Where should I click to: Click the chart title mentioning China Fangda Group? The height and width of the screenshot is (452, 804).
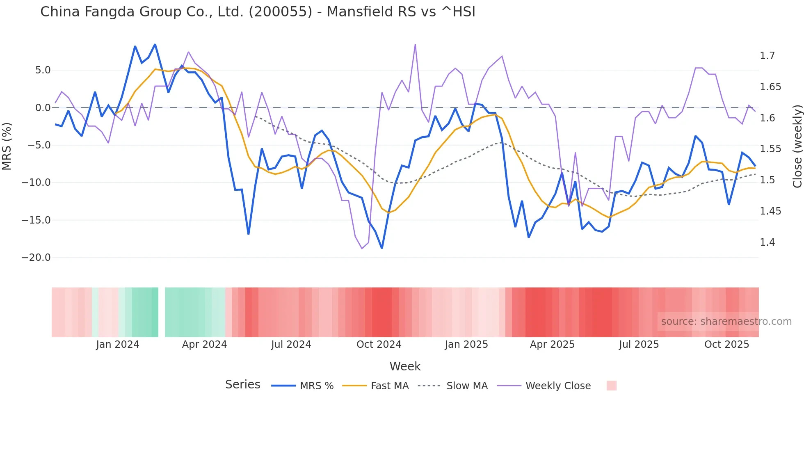point(258,12)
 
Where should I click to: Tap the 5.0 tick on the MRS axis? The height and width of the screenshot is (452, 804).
point(43,70)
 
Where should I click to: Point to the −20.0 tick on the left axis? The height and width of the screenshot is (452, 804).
point(36,258)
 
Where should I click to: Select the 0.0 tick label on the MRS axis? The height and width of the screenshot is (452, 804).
point(43,108)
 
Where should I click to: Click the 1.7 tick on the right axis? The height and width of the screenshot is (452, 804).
point(767,56)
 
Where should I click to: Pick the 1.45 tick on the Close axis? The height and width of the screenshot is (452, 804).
point(770,211)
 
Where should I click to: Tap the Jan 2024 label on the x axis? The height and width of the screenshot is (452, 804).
point(118,345)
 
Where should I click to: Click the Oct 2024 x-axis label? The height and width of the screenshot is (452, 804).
point(379,345)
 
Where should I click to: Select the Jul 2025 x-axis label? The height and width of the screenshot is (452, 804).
point(639,345)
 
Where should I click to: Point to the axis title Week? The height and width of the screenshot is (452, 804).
point(405,366)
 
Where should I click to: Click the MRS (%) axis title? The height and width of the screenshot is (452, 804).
point(7,146)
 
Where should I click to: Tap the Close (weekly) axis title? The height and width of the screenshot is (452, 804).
point(797,146)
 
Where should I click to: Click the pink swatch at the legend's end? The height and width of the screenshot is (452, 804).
point(611,386)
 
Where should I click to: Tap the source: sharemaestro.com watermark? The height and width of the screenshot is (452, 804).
point(726,322)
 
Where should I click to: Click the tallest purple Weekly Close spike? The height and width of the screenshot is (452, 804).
point(415,45)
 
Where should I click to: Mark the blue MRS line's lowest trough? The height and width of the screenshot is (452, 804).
point(382,248)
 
